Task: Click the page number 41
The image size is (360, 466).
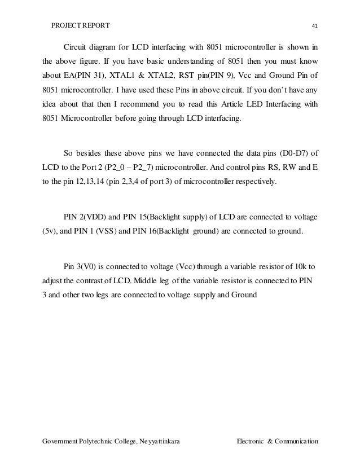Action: click(x=314, y=26)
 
